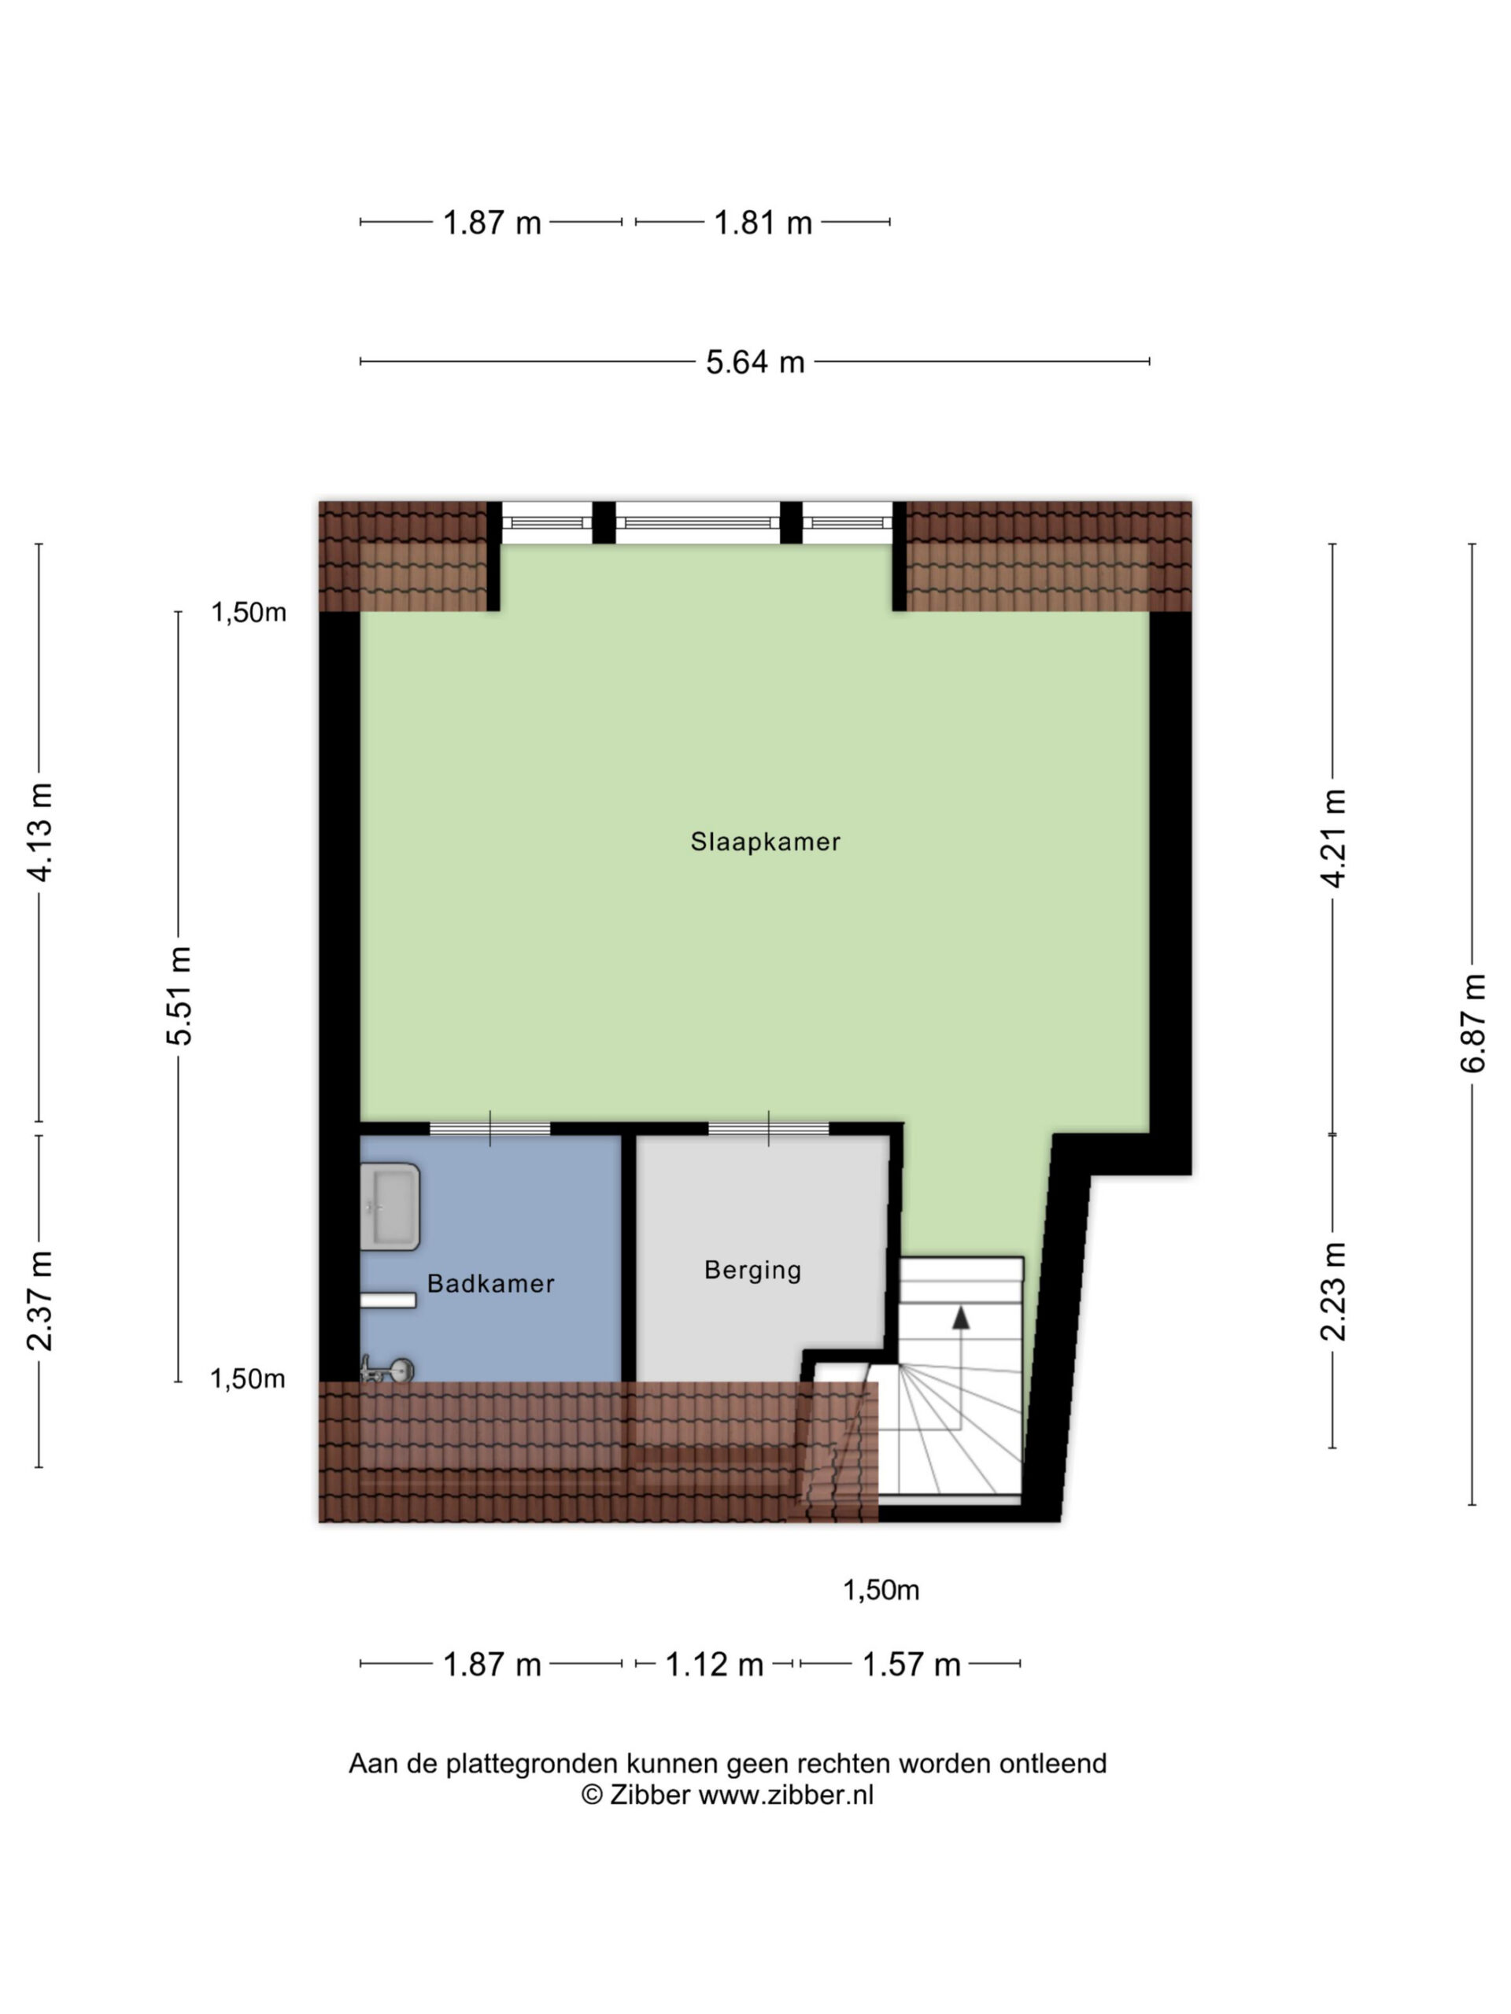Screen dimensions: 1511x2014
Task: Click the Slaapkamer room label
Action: point(764,841)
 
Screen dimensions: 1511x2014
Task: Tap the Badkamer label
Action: point(490,1284)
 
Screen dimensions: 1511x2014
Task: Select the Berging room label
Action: point(752,1270)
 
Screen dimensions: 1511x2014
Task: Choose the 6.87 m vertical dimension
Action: point(1472,1024)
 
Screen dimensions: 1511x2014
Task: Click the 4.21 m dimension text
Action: point(1333,839)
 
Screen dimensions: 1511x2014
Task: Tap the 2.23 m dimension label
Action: point(1333,1292)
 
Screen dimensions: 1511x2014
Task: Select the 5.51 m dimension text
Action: point(179,995)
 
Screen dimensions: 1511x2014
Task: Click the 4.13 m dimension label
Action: point(40,832)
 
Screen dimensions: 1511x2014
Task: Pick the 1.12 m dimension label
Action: point(714,1665)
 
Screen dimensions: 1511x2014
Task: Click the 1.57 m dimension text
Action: point(911,1665)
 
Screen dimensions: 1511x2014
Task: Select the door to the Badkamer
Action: point(490,1129)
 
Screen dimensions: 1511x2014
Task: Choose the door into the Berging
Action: point(769,1129)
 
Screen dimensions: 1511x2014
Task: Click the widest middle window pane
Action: point(698,522)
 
